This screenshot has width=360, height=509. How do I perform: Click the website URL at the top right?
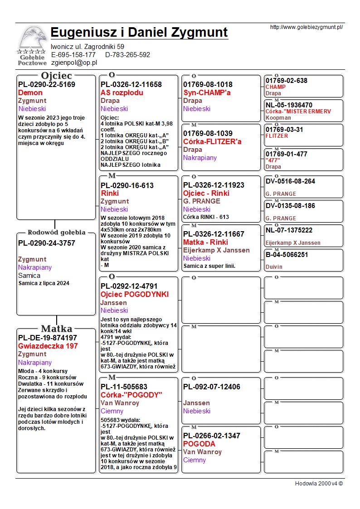[306, 27]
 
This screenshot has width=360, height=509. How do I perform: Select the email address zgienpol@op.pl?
[74, 63]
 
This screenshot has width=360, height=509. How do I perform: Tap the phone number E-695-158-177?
[73, 54]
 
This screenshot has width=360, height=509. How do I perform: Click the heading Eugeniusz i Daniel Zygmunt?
[139, 33]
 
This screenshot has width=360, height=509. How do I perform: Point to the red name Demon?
[30, 92]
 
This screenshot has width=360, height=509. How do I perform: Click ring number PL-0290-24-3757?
[47, 243]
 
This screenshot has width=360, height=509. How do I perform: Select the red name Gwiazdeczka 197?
[48, 346]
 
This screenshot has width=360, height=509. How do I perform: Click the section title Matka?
[56, 329]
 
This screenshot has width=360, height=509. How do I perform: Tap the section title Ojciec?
[56, 75]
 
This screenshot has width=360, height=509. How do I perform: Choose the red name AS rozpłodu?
[122, 92]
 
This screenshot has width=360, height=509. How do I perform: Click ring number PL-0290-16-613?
[127, 185]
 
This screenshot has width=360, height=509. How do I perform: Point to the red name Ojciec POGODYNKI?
[135, 294]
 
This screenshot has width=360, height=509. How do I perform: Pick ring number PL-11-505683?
[124, 387]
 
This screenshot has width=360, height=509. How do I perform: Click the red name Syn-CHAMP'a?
[207, 92]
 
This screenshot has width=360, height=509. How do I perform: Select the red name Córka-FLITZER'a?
[212, 141]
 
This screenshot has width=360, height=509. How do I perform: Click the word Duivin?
[274, 267]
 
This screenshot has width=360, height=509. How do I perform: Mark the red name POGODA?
[199, 444]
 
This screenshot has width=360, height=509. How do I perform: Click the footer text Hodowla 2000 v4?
[319, 483]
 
